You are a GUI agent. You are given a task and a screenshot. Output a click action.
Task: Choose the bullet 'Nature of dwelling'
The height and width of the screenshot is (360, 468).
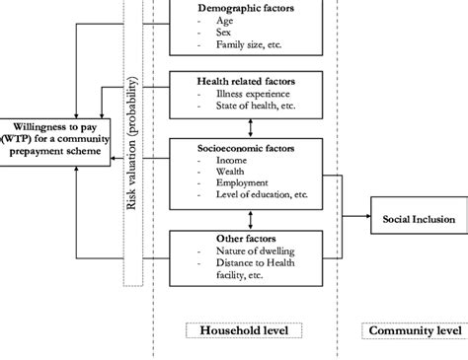pos(255,250)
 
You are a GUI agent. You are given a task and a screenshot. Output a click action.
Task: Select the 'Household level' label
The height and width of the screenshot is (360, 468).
pos(244,329)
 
